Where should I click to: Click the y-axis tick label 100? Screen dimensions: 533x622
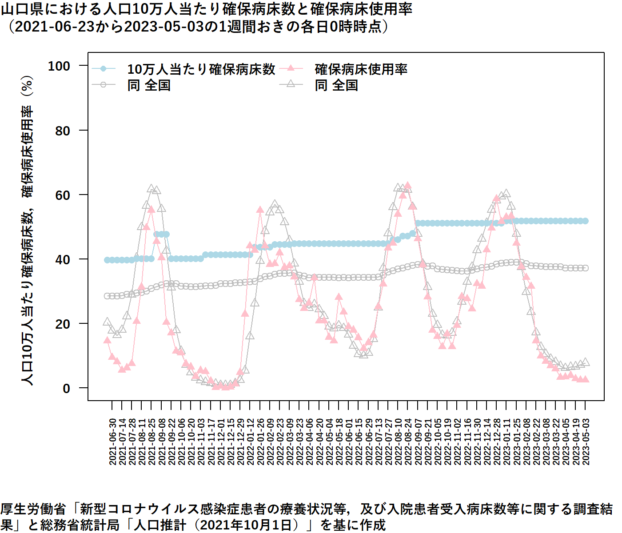pos(59,66)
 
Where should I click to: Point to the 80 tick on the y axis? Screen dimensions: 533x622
pos(63,131)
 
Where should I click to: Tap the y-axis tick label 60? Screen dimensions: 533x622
pos(63,195)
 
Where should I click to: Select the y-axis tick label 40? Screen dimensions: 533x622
pos(63,259)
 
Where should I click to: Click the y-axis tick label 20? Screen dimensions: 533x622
pos(63,324)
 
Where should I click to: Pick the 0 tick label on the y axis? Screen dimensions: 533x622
pos(67,388)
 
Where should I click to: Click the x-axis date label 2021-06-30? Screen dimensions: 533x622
pos(112,442)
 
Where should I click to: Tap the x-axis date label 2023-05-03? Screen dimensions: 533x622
pos(586,442)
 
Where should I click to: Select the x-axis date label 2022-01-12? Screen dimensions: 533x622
pos(251,442)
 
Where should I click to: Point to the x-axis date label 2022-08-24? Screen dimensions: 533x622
pos(408,442)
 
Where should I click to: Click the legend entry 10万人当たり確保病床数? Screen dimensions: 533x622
pos(201,69)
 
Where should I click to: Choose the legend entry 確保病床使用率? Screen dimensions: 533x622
pos(361,69)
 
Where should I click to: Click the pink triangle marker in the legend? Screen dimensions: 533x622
pos(291,68)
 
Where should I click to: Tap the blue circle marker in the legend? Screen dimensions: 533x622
pos(104,68)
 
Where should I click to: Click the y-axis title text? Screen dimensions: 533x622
pos(28,231)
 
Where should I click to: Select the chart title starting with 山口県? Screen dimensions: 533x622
pos(206,9)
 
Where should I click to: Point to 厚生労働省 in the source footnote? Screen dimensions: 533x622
pos(33,509)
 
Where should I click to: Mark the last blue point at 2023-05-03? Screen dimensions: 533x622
pos(585,221)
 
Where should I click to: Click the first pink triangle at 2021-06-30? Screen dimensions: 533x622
pos(107,340)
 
